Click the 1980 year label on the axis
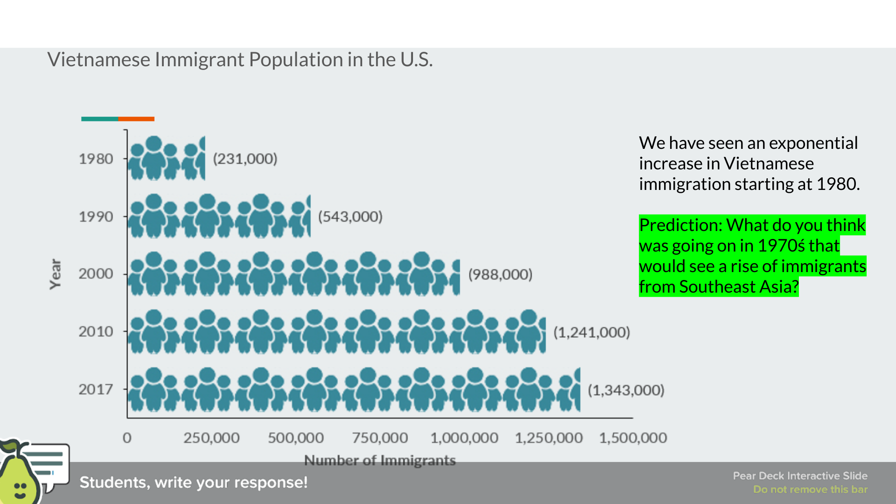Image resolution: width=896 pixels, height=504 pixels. (96, 159)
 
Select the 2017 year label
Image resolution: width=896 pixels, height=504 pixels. (96, 389)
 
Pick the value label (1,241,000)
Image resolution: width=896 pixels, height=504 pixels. (591, 332)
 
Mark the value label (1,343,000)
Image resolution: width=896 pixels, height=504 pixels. (625, 390)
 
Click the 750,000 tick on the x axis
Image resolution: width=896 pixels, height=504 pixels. (380, 438)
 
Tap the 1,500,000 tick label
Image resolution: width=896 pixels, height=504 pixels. (633, 438)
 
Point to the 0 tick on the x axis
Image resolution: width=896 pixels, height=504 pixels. (127, 438)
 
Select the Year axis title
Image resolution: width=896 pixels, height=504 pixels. (56, 274)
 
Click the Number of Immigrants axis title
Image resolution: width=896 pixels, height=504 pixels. (380, 461)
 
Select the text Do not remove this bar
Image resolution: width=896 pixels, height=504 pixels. (810, 490)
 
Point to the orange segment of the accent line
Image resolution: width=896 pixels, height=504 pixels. (136, 119)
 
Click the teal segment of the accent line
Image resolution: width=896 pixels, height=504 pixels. (99, 119)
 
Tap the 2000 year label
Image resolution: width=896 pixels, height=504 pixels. (96, 273)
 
